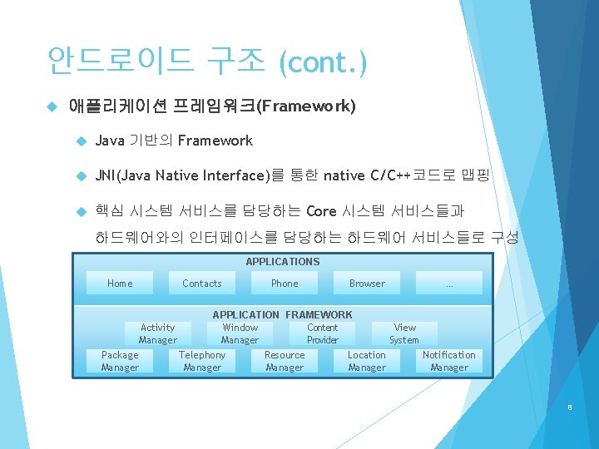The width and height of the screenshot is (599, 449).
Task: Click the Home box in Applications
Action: pos(120,284)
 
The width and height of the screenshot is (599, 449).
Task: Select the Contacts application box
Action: pos(202,284)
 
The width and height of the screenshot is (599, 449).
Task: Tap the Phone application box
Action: pos(285,284)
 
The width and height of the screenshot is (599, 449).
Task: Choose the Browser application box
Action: pos(367,284)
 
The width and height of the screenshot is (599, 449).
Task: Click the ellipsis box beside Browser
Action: pos(449,284)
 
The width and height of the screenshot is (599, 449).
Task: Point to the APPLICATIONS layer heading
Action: pos(283,262)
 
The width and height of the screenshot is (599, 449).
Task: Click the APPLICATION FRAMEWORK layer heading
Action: pos(283,315)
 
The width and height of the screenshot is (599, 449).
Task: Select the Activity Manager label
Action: pos(158,333)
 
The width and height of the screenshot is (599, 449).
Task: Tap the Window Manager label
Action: pos(240,333)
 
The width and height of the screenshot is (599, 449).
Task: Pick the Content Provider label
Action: pos(323,333)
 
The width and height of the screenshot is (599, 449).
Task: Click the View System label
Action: pos(404,333)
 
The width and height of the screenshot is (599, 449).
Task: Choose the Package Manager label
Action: pos(120,361)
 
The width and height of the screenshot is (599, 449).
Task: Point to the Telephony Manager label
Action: pos(202,361)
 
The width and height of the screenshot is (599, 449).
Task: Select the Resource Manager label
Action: pos(285,361)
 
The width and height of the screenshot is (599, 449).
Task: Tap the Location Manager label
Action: pos(367,361)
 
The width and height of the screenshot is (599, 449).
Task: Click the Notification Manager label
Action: pos(449,361)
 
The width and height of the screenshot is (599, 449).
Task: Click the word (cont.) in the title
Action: pos(324,62)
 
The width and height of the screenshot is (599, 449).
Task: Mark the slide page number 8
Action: pos(569,407)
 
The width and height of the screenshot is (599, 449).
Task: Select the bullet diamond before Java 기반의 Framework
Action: pos(81,141)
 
